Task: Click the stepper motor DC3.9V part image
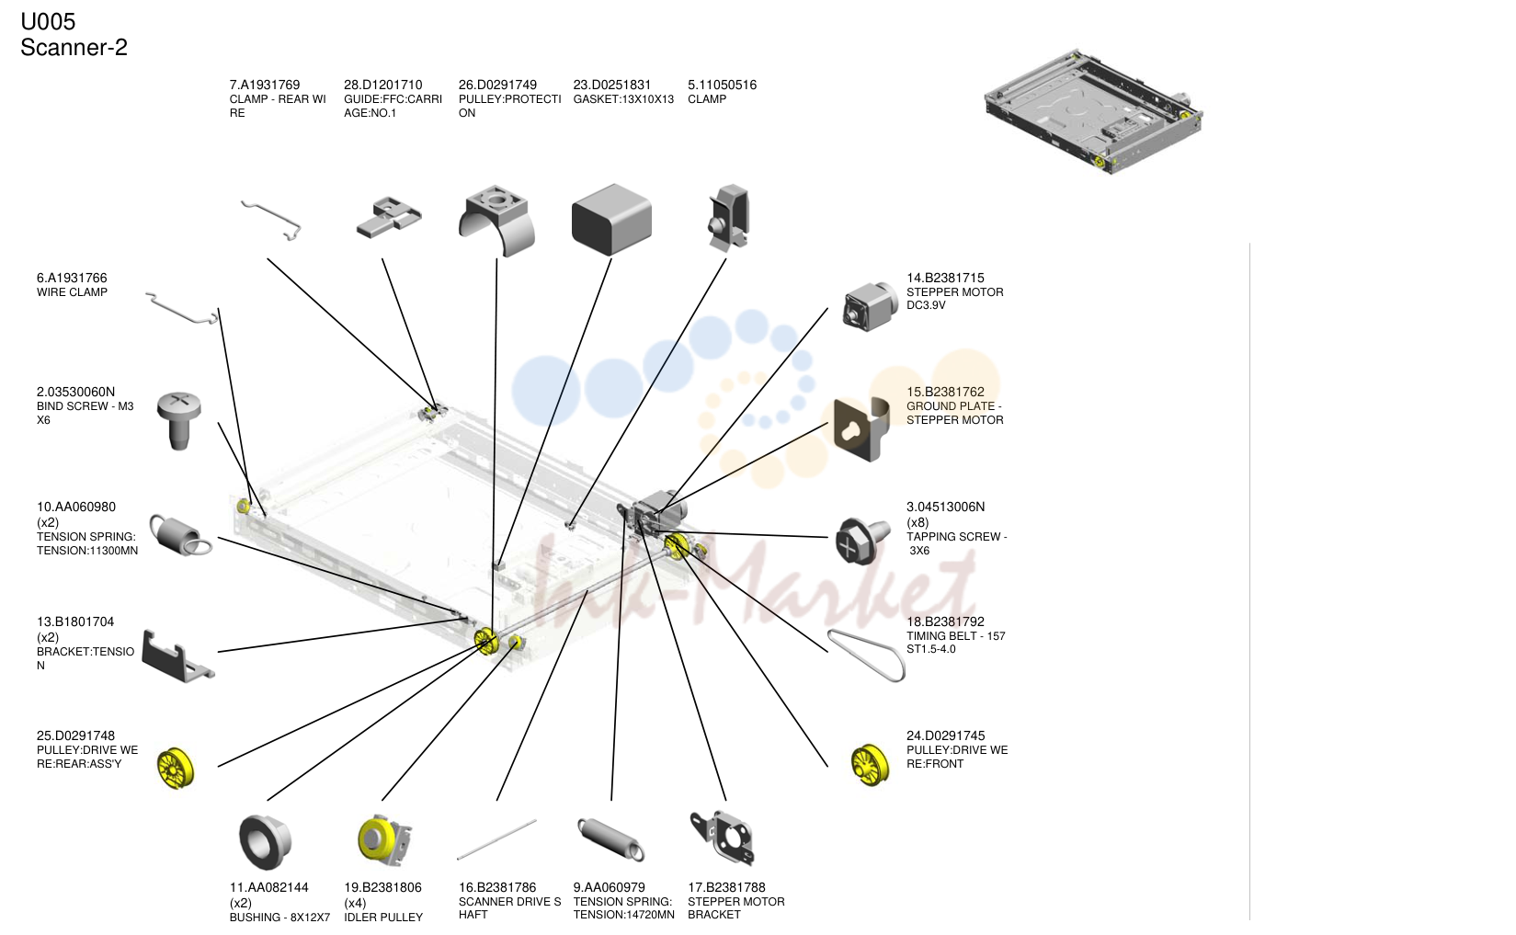(x=870, y=307)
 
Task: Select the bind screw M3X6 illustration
(x=178, y=420)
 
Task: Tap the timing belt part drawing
(x=866, y=655)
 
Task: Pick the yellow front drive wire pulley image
(x=870, y=765)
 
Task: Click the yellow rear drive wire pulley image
(x=176, y=769)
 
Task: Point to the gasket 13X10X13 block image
(x=611, y=220)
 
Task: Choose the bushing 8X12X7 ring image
(x=266, y=842)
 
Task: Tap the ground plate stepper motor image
(x=861, y=429)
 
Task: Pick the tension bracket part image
(x=177, y=656)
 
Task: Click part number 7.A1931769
(x=265, y=85)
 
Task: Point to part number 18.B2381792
(x=945, y=621)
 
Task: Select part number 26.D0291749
(x=497, y=85)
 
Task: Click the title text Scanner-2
(x=74, y=48)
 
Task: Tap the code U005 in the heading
(x=48, y=22)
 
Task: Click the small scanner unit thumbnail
(x=1094, y=111)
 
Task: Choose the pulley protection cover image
(x=496, y=220)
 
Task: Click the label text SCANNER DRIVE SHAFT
(x=509, y=908)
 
